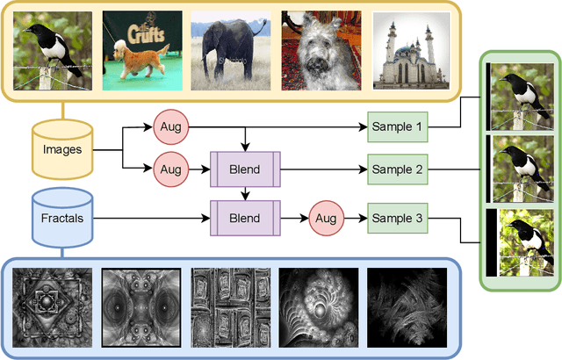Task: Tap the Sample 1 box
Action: pyautogui.click(x=395, y=127)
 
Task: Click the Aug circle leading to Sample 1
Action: pyautogui.click(x=168, y=127)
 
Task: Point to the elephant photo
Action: pyautogui.click(x=226, y=50)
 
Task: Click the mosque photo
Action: pyautogui.click(x=404, y=50)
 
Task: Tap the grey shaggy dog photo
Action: pyautogui.click(x=315, y=50)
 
